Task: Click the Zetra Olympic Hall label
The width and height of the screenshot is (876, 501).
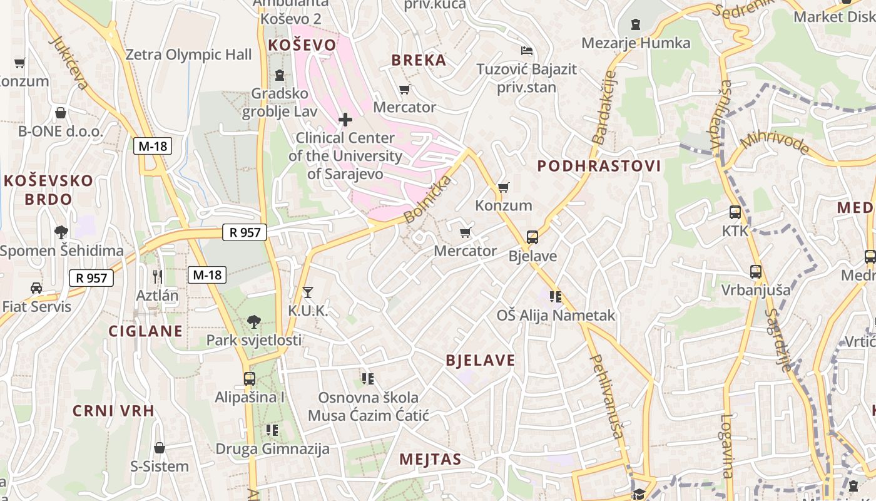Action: [188, 55]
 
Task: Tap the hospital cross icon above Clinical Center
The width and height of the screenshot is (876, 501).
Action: [345, 119]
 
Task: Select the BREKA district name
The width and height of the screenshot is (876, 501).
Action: [419, 60]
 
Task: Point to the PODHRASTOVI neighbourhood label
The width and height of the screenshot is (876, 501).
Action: [599, 166]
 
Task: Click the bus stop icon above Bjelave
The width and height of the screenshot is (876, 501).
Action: [532, 237]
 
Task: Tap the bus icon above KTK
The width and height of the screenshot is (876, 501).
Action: [735, 212]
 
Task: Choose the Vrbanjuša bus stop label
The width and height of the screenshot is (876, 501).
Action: [756, 291]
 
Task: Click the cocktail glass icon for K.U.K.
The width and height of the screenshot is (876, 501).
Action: [307, 292]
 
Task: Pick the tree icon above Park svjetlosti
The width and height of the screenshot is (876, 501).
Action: [254, 322]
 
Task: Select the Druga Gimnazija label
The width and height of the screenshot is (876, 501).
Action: [272, 449]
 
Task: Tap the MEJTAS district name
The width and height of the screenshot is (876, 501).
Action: [430, 459]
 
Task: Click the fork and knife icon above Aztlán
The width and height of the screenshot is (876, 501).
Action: [158, 276]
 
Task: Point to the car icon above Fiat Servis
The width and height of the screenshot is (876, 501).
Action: [36, 288]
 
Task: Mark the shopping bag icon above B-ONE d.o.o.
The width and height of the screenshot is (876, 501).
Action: [61, 113]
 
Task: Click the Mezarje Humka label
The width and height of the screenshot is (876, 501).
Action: [636, 43]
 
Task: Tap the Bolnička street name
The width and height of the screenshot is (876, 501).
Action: [428, 200]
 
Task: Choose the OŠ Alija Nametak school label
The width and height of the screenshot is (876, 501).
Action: [556, 316]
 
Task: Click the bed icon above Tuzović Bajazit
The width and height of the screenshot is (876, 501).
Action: [527, 51]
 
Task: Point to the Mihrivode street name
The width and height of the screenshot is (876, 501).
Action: [775, 142]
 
